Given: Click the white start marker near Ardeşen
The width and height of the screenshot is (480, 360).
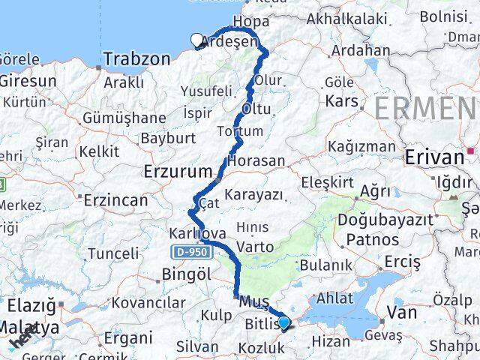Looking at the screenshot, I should coord(198,40).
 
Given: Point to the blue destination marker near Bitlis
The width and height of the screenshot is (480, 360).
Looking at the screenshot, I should coord(283,322).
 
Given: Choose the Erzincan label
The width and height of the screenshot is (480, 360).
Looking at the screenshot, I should coord(115,200).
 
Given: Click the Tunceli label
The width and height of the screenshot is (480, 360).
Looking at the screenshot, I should coord(113,253).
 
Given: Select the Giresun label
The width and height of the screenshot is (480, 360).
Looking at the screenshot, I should coord(28,80).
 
